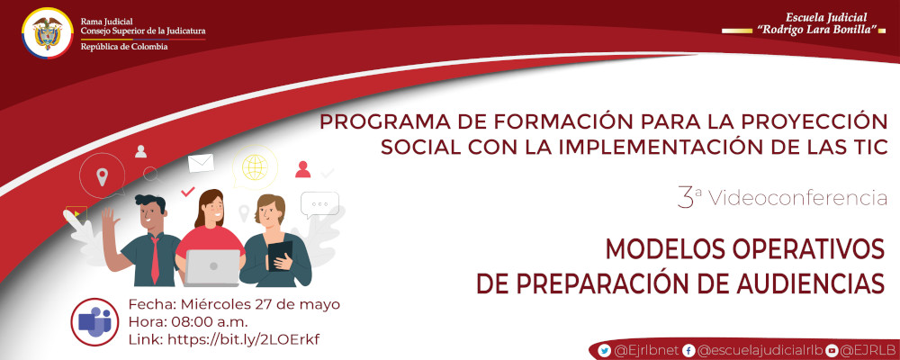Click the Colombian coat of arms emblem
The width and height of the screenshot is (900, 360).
click(x=47, y=35)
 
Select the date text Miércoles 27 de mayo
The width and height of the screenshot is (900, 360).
click(x=261, y=304)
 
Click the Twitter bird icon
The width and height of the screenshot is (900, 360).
click(x=605, y=350)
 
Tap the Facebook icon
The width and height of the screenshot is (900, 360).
click(x=688, y=350)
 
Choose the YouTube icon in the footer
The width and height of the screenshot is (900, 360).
click(x=832, y=350)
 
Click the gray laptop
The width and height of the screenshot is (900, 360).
click(x=213, y=266)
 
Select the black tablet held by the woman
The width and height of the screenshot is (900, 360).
click(x=280, y=253)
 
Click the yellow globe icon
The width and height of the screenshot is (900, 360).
click(x=255, y=167)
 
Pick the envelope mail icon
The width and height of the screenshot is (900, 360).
click(x=201, y=163)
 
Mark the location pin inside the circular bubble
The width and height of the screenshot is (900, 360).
click(x=103, y=175)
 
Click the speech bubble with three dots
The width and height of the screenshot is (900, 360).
click(x=319, y=204)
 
